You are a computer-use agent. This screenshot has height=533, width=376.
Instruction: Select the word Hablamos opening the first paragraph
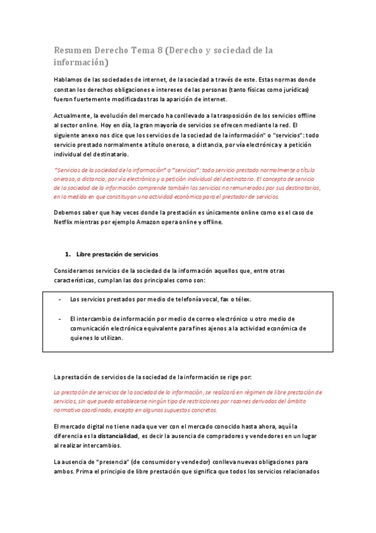[x=68, y=80]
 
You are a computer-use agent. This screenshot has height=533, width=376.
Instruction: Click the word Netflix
[x=65, y=222]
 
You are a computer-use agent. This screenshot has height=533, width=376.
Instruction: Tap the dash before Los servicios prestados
[x=59, y=299]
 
